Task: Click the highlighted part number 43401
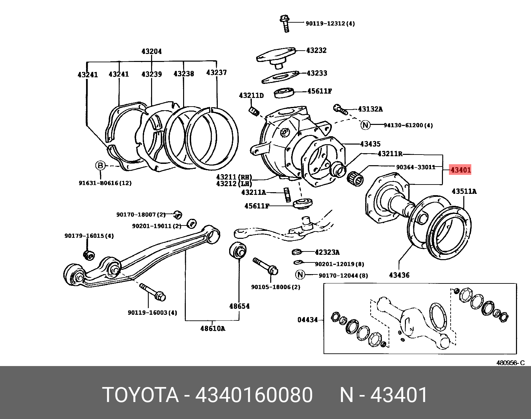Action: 460,170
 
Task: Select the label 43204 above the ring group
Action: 151,51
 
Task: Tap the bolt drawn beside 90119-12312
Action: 285,23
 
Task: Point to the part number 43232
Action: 316,50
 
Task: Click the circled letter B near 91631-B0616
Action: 100,165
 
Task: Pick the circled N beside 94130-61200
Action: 366,125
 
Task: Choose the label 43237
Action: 216,72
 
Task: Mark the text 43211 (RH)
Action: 234,177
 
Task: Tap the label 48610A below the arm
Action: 212,328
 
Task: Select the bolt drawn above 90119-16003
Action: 153,292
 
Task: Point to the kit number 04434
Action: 308,320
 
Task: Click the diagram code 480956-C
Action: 510,363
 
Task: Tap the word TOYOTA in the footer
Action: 140,395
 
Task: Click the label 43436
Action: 399,275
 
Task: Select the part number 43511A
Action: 464,191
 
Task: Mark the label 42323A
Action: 327,252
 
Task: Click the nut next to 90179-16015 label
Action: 89,255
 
